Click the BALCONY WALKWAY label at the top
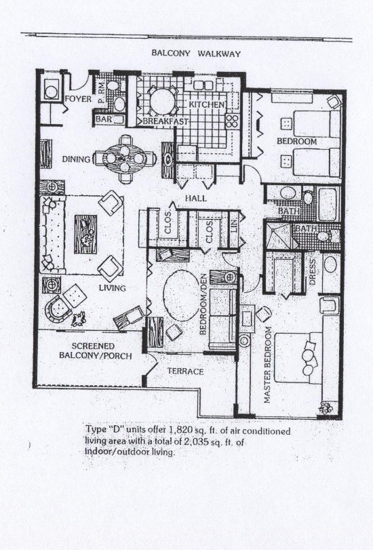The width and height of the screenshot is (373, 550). [x=196, y=54]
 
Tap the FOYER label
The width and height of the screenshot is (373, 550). [x=78, y=99]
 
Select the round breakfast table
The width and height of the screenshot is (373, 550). [x=162, y=101]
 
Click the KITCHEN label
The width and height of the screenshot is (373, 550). [x=207, y=104]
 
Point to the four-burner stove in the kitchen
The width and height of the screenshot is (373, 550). [x=233, y=121]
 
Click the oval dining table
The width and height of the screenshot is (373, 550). [x=125, y=159]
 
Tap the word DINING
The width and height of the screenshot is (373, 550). [x=76, y=159]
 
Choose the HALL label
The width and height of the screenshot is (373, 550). [x=196, y=198]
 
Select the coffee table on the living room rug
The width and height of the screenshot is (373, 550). [x=85, y=235]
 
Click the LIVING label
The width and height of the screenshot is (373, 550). [x=112, y=288]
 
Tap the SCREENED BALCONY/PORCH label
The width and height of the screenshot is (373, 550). [x=96, y=351]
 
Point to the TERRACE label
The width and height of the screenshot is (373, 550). [x=185, y=371]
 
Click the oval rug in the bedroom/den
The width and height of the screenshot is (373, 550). [x=181, y=295]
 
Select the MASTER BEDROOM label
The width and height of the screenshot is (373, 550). [x=268, y=365]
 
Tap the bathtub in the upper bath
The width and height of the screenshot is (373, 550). [x=328, y=204]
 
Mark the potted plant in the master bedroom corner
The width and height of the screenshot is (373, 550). [x=326, y=408]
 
